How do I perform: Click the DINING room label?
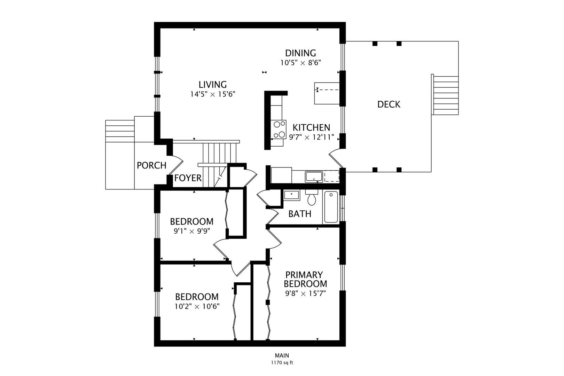(x=300, y=53)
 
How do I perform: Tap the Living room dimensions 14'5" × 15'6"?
(x=212, y=94)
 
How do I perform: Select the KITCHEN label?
(x=311, y=128)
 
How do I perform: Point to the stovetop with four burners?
(x=279, y=130)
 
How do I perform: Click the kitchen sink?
(x=314, y=177)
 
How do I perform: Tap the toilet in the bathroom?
(x=312, y=198)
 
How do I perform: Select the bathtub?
(x=331, y=207)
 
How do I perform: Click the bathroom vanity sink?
(x=291, y=195)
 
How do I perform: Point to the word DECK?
(x=389, y=104)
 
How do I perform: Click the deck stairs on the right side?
(x=445, y=95)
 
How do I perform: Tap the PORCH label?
(x=151, y=165)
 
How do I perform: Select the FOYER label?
(x=188, y=178)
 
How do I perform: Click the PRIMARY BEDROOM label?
(x=305, y=279)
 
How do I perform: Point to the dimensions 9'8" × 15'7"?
(x=305, y=293)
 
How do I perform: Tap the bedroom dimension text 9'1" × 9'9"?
(x=191, y=231)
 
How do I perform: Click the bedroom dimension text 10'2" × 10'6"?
(x=197, y=306)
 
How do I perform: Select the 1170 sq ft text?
(x=282, y=363)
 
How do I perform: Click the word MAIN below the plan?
(x=282, y=355)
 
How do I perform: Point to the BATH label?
(x=300, y=214)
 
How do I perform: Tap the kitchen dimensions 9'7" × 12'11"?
(x=312, y=137)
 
